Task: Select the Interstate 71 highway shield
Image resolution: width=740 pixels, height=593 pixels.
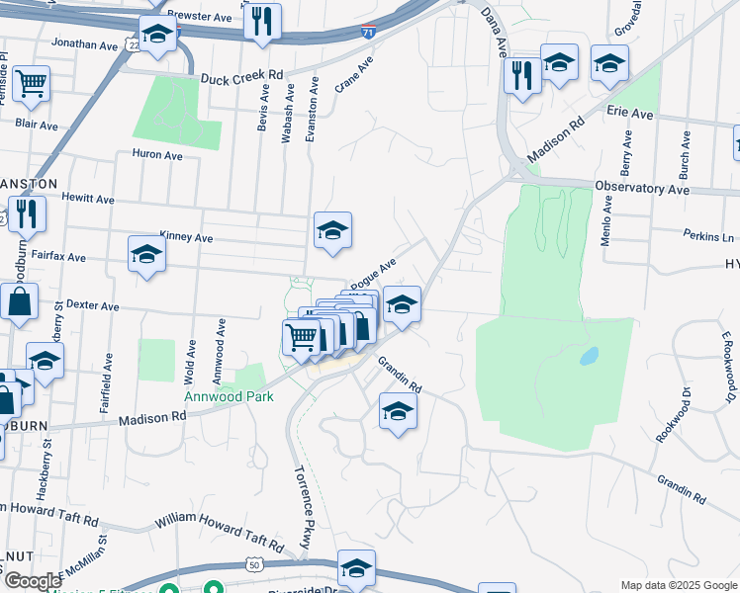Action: [368, 33]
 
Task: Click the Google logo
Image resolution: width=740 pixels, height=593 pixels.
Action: [32, 581]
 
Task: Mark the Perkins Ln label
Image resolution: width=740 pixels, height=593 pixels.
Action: [708, 236]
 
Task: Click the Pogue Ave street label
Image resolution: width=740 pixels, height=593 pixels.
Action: [373, 271]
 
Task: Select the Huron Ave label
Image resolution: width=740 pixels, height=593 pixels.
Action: [157, 155]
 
